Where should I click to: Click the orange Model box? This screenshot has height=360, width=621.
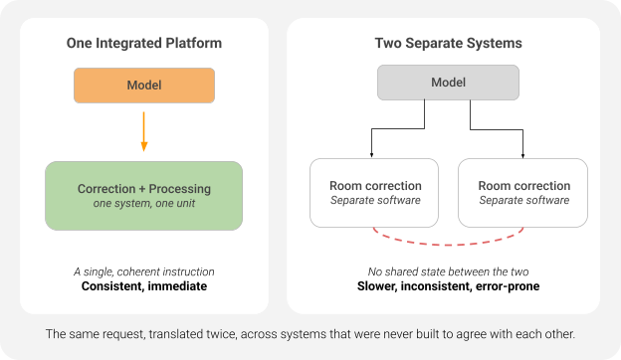point(144,86)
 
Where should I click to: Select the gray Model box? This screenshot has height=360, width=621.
point(448,83)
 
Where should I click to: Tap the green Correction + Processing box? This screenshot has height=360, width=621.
point(143,196)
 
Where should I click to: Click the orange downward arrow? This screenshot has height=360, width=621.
point(144,131)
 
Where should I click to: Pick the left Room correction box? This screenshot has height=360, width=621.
point(374,193)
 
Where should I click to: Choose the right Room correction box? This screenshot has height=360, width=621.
point(522,193)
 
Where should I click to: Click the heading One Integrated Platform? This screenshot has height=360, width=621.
point(144,43)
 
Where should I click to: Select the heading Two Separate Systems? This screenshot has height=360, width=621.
point(448,43)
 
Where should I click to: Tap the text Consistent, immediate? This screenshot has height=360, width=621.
point(144,286)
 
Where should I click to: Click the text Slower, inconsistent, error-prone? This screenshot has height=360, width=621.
point(448,286)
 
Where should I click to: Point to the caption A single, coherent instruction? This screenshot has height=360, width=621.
point(144,271)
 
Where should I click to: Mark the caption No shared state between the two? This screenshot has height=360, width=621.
point(448,271)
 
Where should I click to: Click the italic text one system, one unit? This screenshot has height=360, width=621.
point(144,203)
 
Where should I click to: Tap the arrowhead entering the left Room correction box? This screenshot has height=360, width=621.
point(371,155)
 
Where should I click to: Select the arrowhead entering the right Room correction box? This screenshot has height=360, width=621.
point(522,155)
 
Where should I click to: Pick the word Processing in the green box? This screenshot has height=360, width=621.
point(180,189)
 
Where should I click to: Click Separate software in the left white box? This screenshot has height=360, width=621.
point(375,200)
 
